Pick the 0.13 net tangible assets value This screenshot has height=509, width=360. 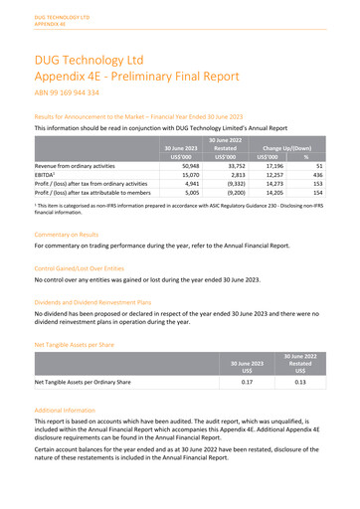(312, 381)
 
